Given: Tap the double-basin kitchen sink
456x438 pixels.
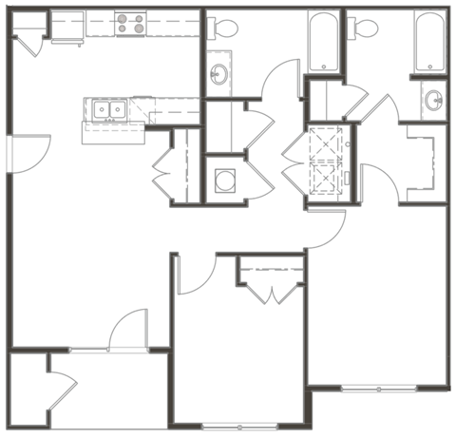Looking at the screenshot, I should pos(107,110).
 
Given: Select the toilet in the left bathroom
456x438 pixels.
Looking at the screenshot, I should pos(223,29).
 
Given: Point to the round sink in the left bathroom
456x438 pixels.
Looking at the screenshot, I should pos(219,75).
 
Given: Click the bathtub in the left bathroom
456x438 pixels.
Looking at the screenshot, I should pos(322,42).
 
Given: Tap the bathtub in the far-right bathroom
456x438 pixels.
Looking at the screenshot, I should pos(430,42).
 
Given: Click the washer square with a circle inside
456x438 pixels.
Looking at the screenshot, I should pos(225,180).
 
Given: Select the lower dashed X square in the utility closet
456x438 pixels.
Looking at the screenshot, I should pos(325,177).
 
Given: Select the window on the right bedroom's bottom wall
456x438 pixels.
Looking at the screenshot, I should pos(378,389).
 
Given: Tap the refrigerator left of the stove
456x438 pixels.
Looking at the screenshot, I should pos(68,26).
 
